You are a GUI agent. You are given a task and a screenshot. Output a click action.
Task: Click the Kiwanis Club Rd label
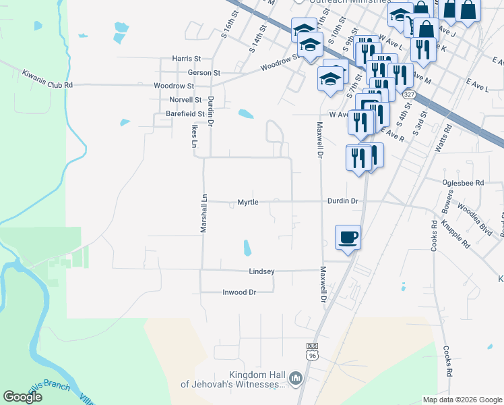pos(46,79)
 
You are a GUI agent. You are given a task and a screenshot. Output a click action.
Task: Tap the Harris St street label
pos(187,59)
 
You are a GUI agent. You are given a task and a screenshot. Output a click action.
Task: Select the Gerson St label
pos(203,72)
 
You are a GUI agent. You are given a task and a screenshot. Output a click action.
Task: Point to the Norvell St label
pos(187,99)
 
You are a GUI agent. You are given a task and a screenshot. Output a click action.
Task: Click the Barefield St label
pos(185,115)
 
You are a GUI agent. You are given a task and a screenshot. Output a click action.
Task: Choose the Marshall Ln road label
pos(203,214)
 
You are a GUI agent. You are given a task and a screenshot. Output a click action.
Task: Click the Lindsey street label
pos(261,271)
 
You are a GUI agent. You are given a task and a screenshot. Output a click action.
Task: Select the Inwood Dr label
pos(239,292)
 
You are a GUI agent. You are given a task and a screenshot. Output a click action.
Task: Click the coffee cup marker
pos(348,237)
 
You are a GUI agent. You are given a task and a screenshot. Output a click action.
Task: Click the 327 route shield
pos(408,95)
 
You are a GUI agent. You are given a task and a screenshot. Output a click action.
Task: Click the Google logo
pos(22,396)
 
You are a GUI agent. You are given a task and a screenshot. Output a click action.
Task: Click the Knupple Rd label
pos(456,234)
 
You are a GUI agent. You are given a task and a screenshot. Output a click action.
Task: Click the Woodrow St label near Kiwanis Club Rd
pos(174,86)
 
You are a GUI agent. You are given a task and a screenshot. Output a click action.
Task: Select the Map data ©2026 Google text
pos(462,400)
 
